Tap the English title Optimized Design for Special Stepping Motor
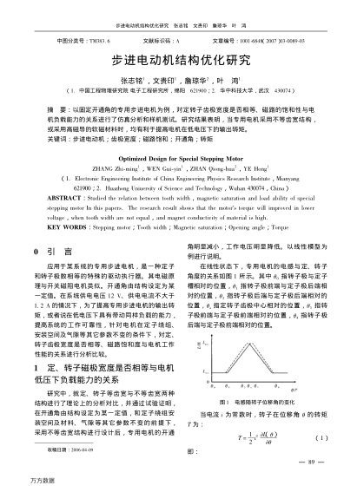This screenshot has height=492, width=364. pos(182,159)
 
